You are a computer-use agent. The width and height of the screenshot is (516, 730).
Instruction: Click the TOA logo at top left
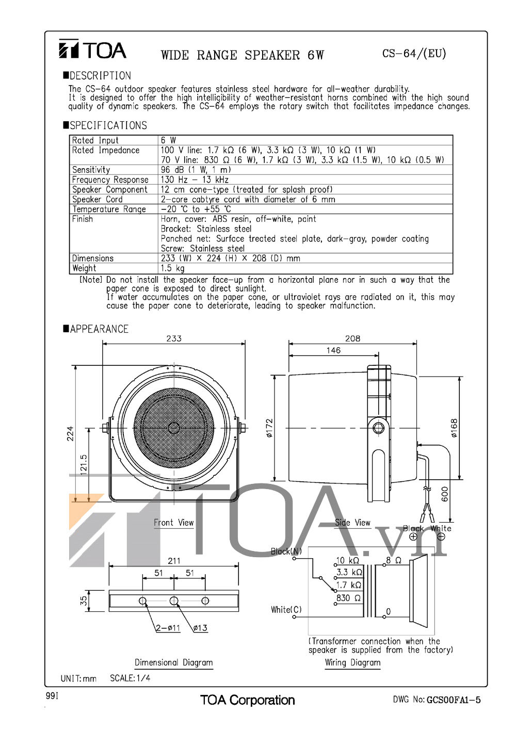click(x=92, y=50)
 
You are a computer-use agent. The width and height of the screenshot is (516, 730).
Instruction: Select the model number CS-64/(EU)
click(x=414, y=54)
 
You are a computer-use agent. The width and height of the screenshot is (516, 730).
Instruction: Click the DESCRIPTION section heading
click(x=100, y=76)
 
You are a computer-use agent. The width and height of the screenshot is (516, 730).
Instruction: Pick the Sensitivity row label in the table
click(x=91, y=170)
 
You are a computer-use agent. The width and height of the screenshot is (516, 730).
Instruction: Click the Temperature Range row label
click(x=109, y=209)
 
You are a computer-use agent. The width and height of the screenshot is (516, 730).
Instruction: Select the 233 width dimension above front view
click(x=174, y=338)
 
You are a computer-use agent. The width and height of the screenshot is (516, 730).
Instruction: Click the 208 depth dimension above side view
click(x=352, y=338)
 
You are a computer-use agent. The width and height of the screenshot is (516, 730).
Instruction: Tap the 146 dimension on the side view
click(x=333, y=350)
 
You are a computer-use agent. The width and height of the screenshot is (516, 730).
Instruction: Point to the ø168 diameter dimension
click(x=454, y=428)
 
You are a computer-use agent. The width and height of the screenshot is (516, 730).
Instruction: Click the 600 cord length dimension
click(x=445, y=494)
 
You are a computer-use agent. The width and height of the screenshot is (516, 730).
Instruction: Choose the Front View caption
click(x=173, y=523)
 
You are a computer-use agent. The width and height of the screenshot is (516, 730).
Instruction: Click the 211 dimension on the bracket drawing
click(x=174, y=561)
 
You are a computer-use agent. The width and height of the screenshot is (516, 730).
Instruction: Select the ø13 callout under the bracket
click(x=200, y=628)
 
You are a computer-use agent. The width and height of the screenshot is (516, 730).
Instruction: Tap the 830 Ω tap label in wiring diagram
click(x=349, y=598)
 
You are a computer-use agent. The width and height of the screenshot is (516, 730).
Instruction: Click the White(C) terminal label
click(x=286, y=610)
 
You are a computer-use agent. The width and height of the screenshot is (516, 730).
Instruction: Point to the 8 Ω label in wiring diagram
click(x=394, y=560)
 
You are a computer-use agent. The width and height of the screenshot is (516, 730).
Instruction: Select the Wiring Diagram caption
click(x=352, y=662)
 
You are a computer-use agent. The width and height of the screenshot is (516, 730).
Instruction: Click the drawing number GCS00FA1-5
click(x=454, y=700)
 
